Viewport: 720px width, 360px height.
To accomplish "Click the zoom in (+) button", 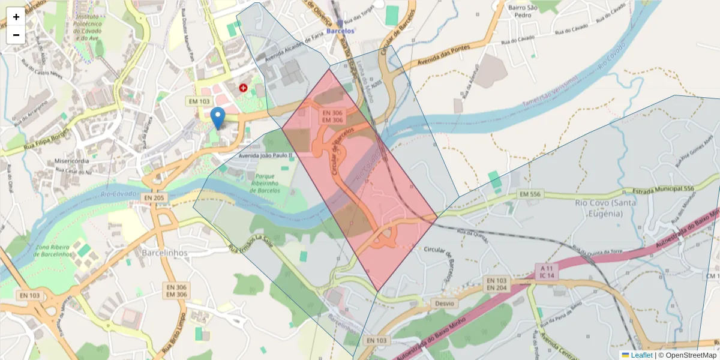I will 16,17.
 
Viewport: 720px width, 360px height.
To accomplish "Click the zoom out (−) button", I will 16,35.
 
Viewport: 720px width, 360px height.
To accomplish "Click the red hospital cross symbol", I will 243,88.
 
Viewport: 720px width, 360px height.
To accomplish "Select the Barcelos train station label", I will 340,29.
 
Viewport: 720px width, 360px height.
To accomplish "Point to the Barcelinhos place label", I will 164,253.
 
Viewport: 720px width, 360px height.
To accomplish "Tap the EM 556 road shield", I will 530,194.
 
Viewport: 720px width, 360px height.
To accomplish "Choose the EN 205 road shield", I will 154,197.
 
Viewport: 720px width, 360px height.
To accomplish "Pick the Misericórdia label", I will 72,161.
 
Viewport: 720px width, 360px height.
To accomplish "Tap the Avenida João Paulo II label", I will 265,155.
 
